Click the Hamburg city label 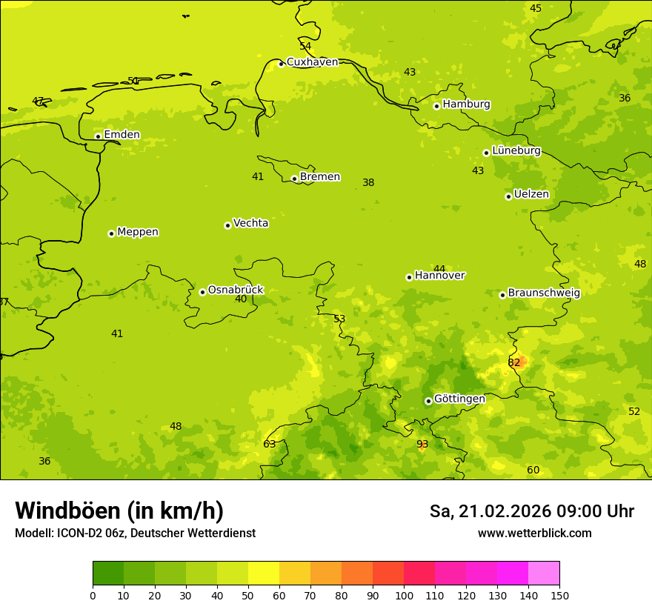(466, 104)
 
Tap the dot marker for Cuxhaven (281, 64)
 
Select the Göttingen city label (459, 399)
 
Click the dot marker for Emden (98, 136)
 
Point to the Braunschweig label (544, 293)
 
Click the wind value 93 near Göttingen (422, 445)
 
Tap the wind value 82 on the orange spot (514, 362)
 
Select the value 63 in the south (270, 445)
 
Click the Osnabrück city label (235, 290)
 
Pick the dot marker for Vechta (227, 225)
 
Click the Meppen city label (138, 232)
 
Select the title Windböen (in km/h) (119, 511)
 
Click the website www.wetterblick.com (534, 533)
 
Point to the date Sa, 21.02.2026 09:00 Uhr (531, 511)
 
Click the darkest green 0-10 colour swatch (108, 573)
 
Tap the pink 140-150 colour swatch (544, 573)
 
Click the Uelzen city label (531, 194)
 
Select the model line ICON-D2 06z (135, 533)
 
